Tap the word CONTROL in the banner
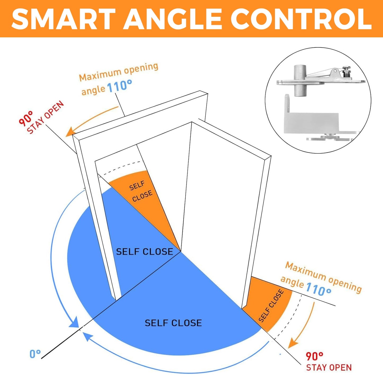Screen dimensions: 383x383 301,19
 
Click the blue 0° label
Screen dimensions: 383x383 35,354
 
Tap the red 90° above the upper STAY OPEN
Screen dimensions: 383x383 26,118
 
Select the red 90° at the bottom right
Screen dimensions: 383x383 314,356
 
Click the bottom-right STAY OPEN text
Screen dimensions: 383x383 329,368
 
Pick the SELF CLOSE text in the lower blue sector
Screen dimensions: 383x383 173,323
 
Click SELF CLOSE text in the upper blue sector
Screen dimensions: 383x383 144,252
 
